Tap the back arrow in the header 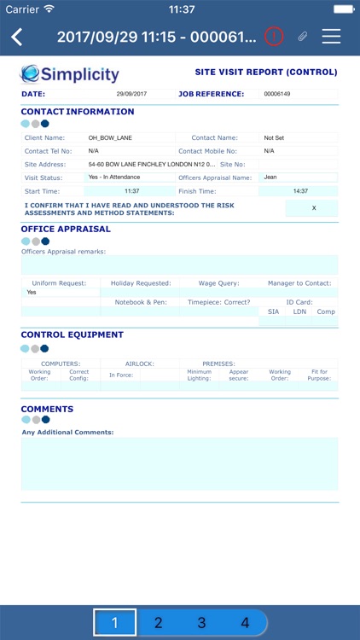(17, 37)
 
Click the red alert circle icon (273, 37)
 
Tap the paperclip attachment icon (302, 37)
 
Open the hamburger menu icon (331, 37)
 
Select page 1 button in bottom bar (114, 623)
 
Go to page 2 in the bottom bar (159, 623)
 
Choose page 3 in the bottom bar (201, 623)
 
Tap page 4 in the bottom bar (245, 623)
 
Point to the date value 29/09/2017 (131, 94)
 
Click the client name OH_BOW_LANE (107, 137)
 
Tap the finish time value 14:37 (300, 191)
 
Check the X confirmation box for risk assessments (313, 208)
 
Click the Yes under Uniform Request (32, 292)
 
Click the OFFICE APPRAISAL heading (66, 229)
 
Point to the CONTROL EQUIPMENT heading (72, 335)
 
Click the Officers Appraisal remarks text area (179, 265)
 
